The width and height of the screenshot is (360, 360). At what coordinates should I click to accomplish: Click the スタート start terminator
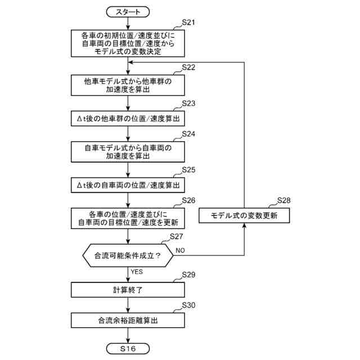point(128,12)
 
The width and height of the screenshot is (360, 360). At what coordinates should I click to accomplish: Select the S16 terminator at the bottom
point(128,349)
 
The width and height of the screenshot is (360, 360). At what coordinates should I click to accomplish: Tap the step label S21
point(188,22)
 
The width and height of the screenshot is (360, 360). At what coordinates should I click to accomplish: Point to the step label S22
point(188,67)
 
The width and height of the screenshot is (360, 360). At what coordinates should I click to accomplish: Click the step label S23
point(188,103)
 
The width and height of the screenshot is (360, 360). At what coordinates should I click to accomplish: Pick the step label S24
point(188,134)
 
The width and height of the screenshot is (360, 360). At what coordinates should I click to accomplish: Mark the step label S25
point(188,170)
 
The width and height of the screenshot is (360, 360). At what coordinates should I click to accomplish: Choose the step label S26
point(188,200)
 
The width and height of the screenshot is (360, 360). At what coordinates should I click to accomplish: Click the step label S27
point(176,236)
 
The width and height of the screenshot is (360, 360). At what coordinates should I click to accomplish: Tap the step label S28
point(283,200)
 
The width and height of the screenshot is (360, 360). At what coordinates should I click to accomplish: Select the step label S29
point(188,274)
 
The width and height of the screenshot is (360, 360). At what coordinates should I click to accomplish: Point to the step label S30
point(188,305)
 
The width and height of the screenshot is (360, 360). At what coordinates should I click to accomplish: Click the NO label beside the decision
point(180,250)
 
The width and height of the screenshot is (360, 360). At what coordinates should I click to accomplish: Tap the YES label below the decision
point(137,272)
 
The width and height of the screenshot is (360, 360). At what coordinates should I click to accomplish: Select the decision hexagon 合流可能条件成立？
point(128,255)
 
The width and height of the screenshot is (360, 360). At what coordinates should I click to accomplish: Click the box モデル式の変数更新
point(244,215)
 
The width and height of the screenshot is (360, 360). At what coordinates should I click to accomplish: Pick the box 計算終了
point(128,290)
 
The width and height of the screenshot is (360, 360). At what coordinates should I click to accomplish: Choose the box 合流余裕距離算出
point(128,320)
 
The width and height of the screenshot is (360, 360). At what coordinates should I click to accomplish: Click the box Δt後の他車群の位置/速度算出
point(128,119)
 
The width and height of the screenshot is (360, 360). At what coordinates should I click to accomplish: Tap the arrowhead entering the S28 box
point(244,226)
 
